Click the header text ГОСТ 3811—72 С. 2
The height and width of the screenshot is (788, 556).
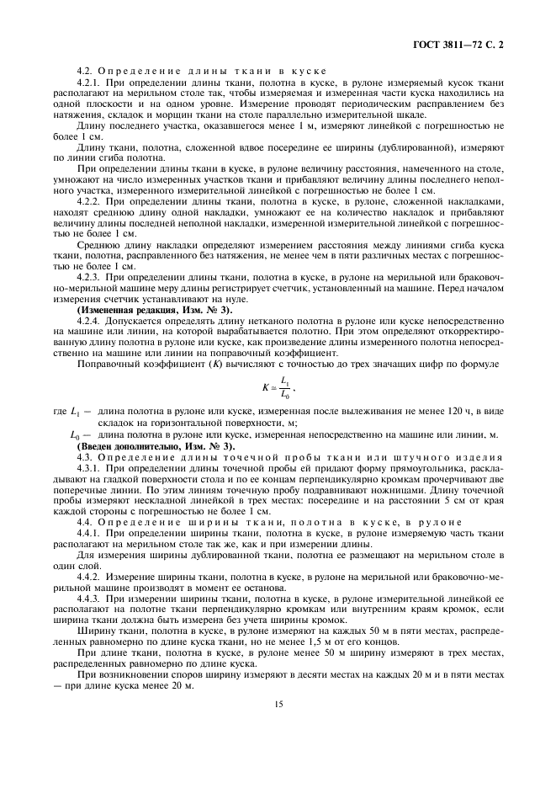(474, 40)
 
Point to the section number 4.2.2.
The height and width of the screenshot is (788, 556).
(89, 203)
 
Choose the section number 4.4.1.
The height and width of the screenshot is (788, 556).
(89, 534)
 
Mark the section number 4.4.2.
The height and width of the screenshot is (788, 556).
(89, 578)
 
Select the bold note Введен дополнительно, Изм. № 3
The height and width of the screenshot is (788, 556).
(156, 445)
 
